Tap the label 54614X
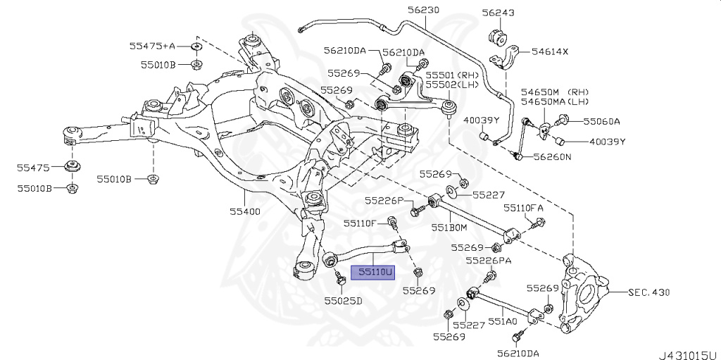click(x=549, y=51)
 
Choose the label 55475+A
click(x=151, y=46)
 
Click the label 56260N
click(x=552, y=156)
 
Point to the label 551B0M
click(x=449, y=228)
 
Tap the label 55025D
click(x=343, y=301)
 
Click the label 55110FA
click(x=522, y=208)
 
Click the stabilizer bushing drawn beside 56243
click(x=496, y=37)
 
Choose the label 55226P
click(x=384, y=201)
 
